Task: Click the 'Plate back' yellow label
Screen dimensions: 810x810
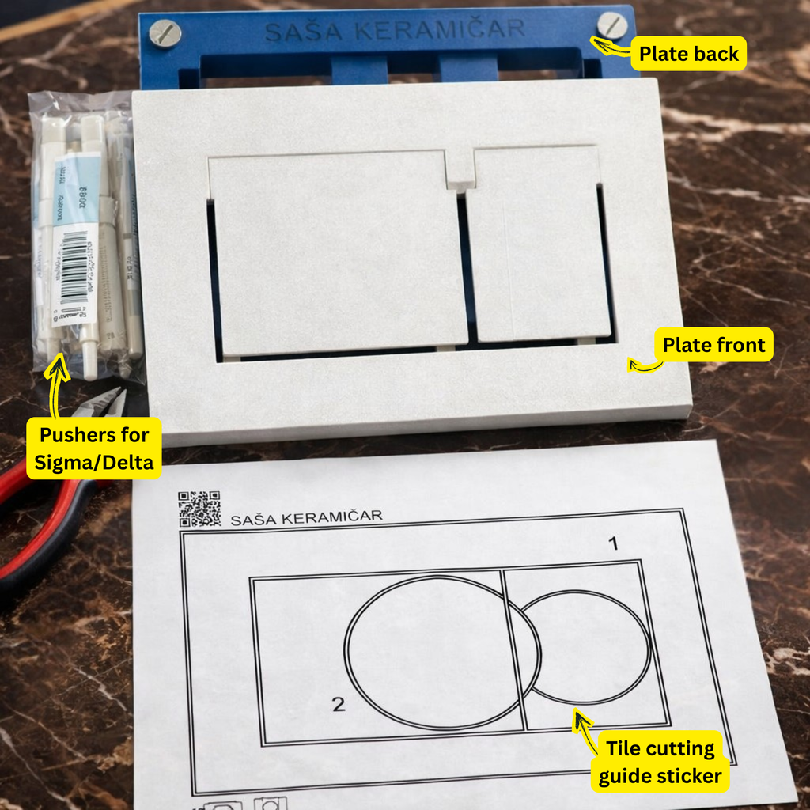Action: pyautogui.click(x=688, y=54)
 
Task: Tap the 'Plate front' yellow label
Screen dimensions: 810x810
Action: pyautogui.click(x=713, y=345)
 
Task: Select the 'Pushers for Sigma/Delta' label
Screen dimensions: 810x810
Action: pyautogui.click(x=94, y=448)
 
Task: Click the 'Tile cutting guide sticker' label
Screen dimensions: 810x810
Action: pyautogui.click(x=660, y=762)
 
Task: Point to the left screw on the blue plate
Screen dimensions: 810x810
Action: pyautogui.click(x=165, y=32)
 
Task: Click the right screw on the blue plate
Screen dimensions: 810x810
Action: pyautogui.click(x=611, y=25)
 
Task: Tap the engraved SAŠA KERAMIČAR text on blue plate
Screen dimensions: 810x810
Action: pyautogui.click(x=394, y=31)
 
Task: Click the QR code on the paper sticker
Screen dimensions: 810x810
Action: pyautogui.click(x=199, y=509)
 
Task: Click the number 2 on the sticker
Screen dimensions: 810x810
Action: pyautogui.click(x=339, y=704)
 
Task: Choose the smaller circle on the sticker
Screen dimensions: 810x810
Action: pyautogui.click(x=585, y=646)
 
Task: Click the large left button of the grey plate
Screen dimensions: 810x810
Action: pyautogui.click(x=336, y=253)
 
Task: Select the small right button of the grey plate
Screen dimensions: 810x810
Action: pyautogui.click(x=538, y=245)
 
